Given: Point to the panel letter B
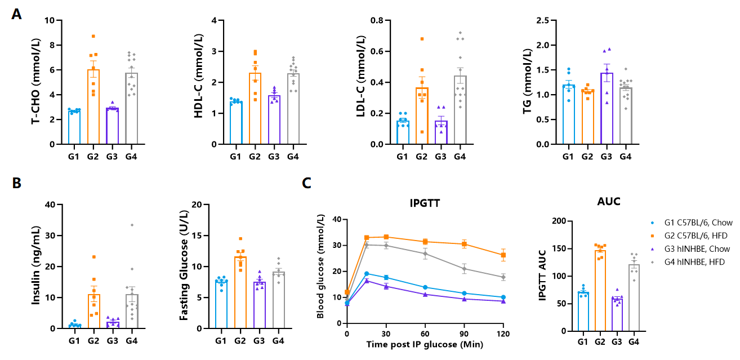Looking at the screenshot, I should click(x=17, y=183).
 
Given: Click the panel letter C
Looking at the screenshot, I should click(x=307, y=183).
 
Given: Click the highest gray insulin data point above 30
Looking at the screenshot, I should click(x=132, y=225).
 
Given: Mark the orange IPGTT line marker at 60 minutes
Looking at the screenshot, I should click(x=425, y=242).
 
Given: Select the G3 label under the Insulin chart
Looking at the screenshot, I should click(x=112, y=340).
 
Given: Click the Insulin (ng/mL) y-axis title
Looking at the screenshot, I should click(x=35, y=266).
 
